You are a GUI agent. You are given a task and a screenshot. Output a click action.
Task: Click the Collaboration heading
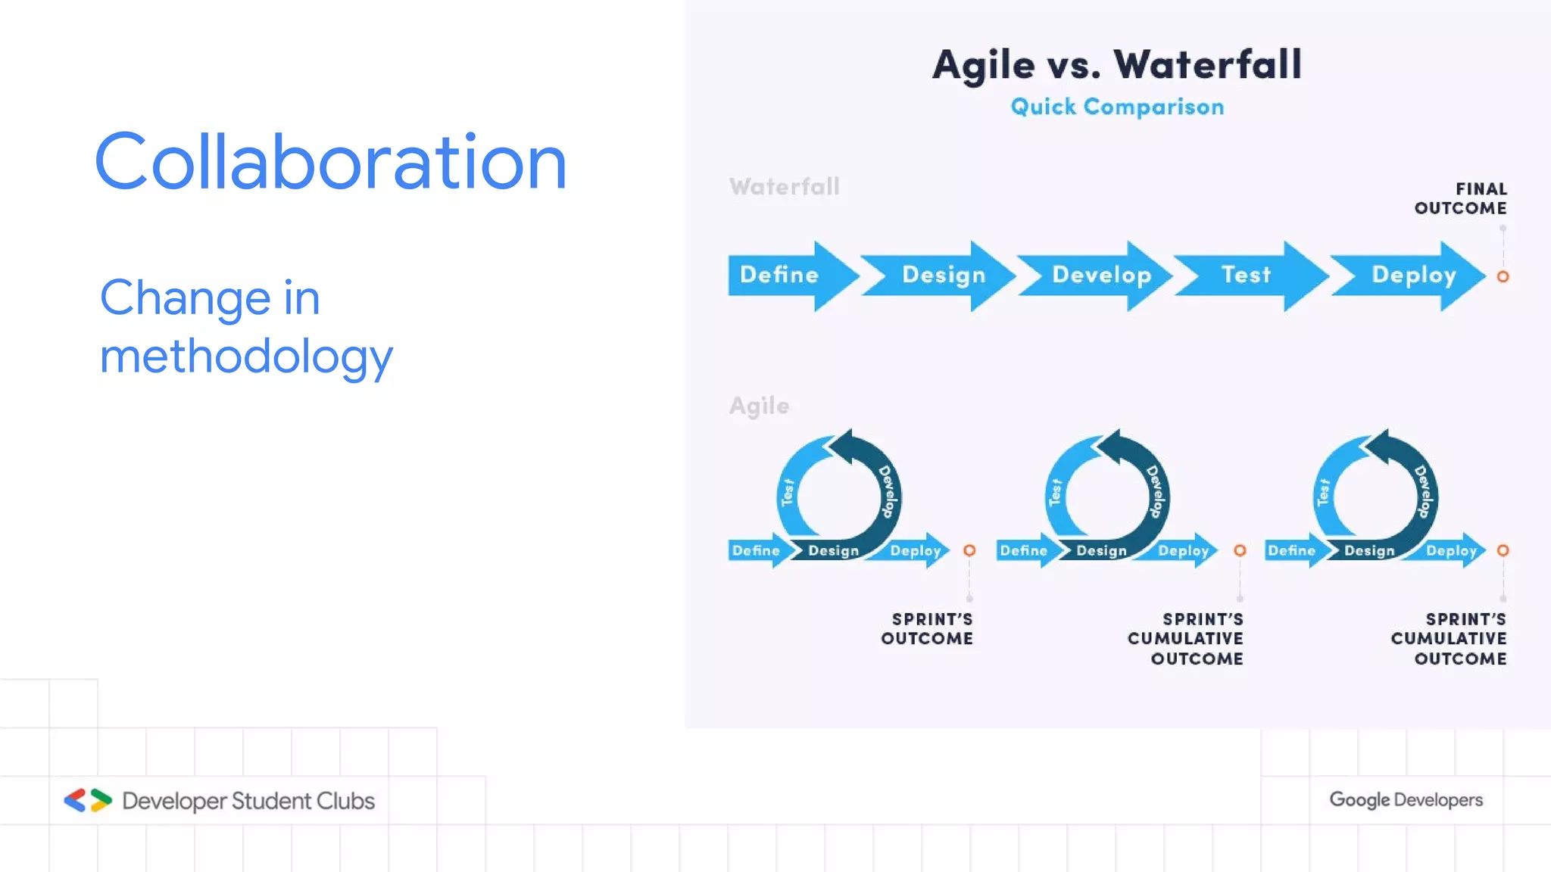click(x=331, y=162)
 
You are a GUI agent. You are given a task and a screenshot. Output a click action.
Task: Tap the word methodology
click(x=246, y=356)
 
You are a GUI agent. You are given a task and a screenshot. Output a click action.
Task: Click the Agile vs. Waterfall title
click(x=1117, y=64)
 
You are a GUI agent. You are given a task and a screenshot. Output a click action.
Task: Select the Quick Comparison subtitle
click(x=1117, y=107)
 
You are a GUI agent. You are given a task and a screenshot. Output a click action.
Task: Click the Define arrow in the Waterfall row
click(x=780, y=275)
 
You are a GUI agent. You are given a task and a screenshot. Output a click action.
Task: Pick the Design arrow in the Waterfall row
click(x=943, y=275)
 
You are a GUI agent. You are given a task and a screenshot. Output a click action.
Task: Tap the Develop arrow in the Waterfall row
click(x=1100, y=275)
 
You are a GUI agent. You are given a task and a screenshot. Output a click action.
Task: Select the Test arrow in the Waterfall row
click(x=1246, y=275)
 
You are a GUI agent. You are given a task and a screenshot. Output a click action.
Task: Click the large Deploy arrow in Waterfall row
click(x=1413, y=275)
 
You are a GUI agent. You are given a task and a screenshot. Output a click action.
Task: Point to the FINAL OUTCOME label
click(x=1461, y=198)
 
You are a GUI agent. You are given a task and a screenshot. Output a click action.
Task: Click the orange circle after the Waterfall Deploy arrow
click(x=1503, y=277)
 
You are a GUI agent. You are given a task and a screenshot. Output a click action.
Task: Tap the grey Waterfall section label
click(x=785, y=187)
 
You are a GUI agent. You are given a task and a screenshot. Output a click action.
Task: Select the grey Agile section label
click(x=759, y=406)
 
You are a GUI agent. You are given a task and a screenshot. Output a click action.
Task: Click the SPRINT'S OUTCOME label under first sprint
click(x=927, y=629)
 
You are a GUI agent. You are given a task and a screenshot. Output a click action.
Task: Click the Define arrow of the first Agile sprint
click(x=756, y=550)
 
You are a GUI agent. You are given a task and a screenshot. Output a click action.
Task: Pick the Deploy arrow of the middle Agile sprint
click(x=1183, y=550)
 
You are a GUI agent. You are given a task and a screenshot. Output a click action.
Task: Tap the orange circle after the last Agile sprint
click(x=1503, y=550)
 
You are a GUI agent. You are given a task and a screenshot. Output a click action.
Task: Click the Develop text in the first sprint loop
click(x=888, y=492)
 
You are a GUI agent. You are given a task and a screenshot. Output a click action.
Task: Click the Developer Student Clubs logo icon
click(x=87, y=800)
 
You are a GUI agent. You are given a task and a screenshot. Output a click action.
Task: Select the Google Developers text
click(x=1406, y=800)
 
